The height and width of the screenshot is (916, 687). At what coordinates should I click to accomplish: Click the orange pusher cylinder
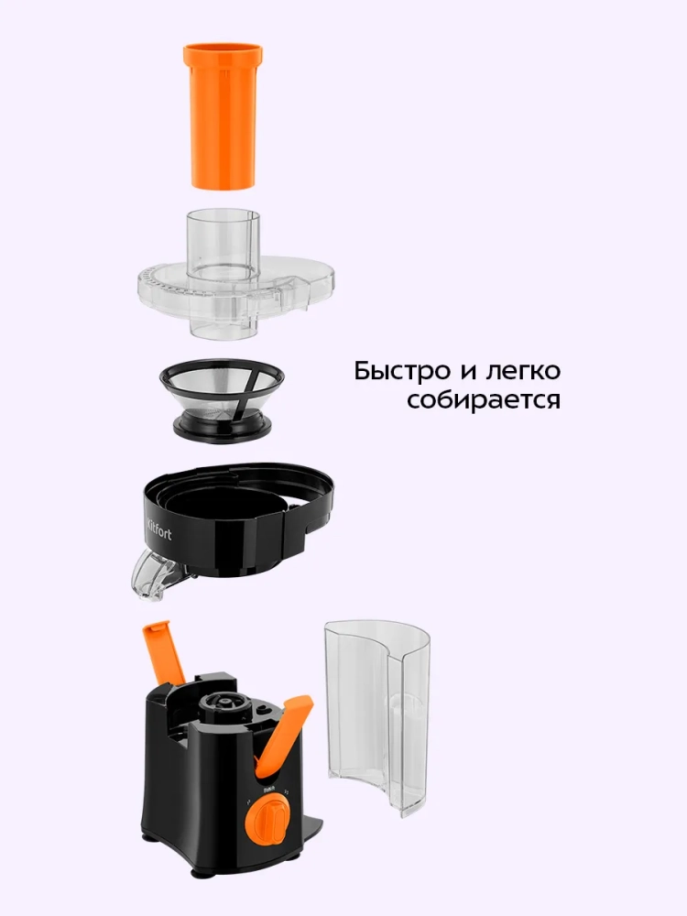223,116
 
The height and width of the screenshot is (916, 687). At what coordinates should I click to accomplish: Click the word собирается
484,401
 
